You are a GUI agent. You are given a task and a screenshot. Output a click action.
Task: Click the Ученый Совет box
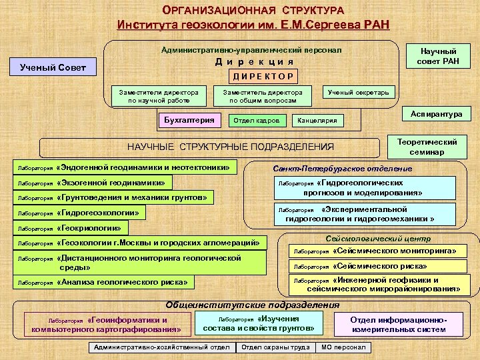click(53, 67)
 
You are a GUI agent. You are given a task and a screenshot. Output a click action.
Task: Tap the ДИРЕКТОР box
click(263, 75)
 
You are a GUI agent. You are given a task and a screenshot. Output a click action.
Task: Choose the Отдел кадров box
click(258, 121)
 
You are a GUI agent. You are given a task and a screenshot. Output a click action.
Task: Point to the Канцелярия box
click(321, 121)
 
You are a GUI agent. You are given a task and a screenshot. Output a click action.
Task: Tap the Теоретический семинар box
click(427, 147)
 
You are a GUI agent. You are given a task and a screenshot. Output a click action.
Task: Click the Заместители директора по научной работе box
click(158, 96)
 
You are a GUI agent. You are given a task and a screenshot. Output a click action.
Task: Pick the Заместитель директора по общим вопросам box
click(263, 96)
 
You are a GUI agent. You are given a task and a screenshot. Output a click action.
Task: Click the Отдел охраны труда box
click(275, 347)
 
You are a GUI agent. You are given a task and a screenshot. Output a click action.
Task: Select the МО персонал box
click(344, 347)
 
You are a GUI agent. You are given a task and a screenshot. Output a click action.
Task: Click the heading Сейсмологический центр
click(377, 239)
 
